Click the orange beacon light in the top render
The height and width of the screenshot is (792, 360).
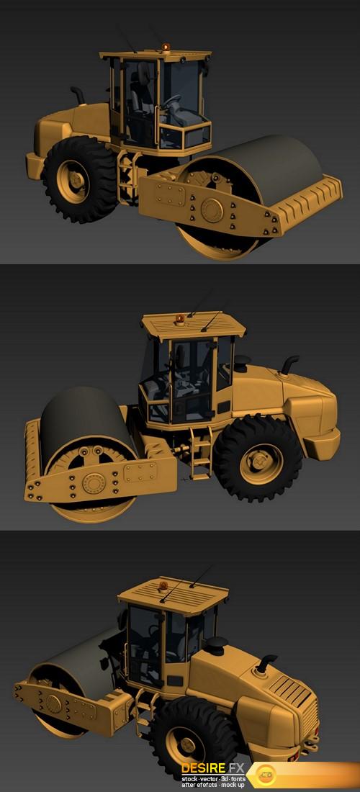[x=166, y=47]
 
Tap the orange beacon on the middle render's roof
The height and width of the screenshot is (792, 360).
[x=180, y=319]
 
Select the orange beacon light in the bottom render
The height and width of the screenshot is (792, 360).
[x=163, y=587]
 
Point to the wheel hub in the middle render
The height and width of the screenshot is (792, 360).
[x=261, y=464]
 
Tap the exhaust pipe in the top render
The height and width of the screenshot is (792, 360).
[x=78, y=94]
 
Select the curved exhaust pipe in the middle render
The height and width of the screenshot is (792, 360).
[x=289, y=364]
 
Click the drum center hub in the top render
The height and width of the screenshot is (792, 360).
[x=212, y=210]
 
